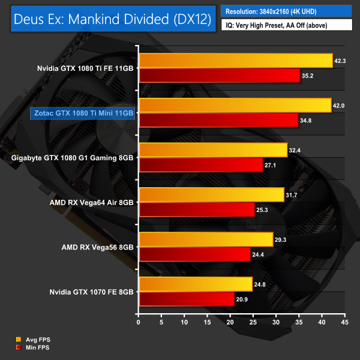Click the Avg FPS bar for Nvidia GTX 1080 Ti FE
pyautogui.click(x=235, y=60)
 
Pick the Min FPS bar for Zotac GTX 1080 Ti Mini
pyautogui.click(x=218, y=120)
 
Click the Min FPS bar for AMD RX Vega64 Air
pyautogui.click(x=196, y=210)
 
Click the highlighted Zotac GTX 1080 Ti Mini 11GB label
pyautogui.click(x=83, y=113)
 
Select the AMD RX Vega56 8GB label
pyautogui.click(x=97, y=247)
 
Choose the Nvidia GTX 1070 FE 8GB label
pyautogui.click(x=93, y=292)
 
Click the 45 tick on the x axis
pyautogui.click(x=344, y=322)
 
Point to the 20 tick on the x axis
pyautogui.click(x=230, y=322)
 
